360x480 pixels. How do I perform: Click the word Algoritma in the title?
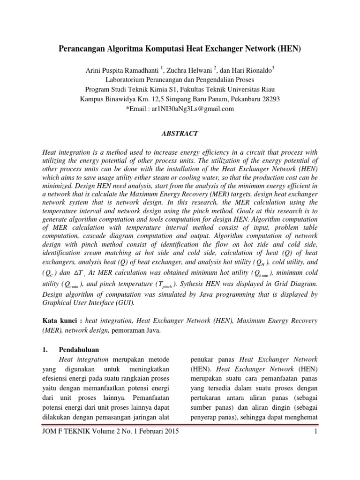coord(123,48)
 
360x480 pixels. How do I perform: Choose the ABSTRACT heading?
coord(180,134)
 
